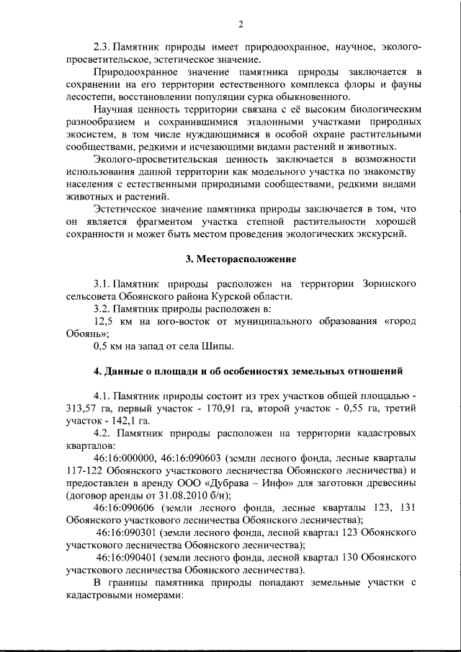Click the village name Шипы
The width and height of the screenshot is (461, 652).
220,347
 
